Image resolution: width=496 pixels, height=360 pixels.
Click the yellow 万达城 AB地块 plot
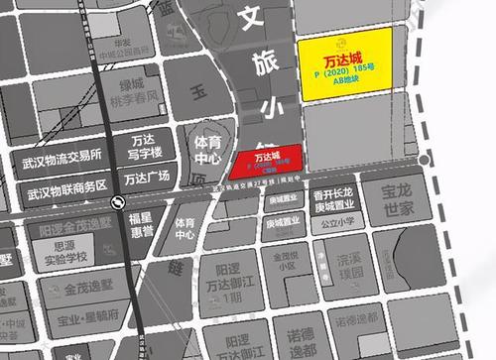(346, 63)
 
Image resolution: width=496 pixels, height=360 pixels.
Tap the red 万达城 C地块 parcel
(265, 164)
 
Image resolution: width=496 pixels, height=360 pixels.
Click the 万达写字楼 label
(147, 148)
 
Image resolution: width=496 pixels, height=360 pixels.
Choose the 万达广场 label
(147, 180)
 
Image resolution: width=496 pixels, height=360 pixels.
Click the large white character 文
(253, 17)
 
